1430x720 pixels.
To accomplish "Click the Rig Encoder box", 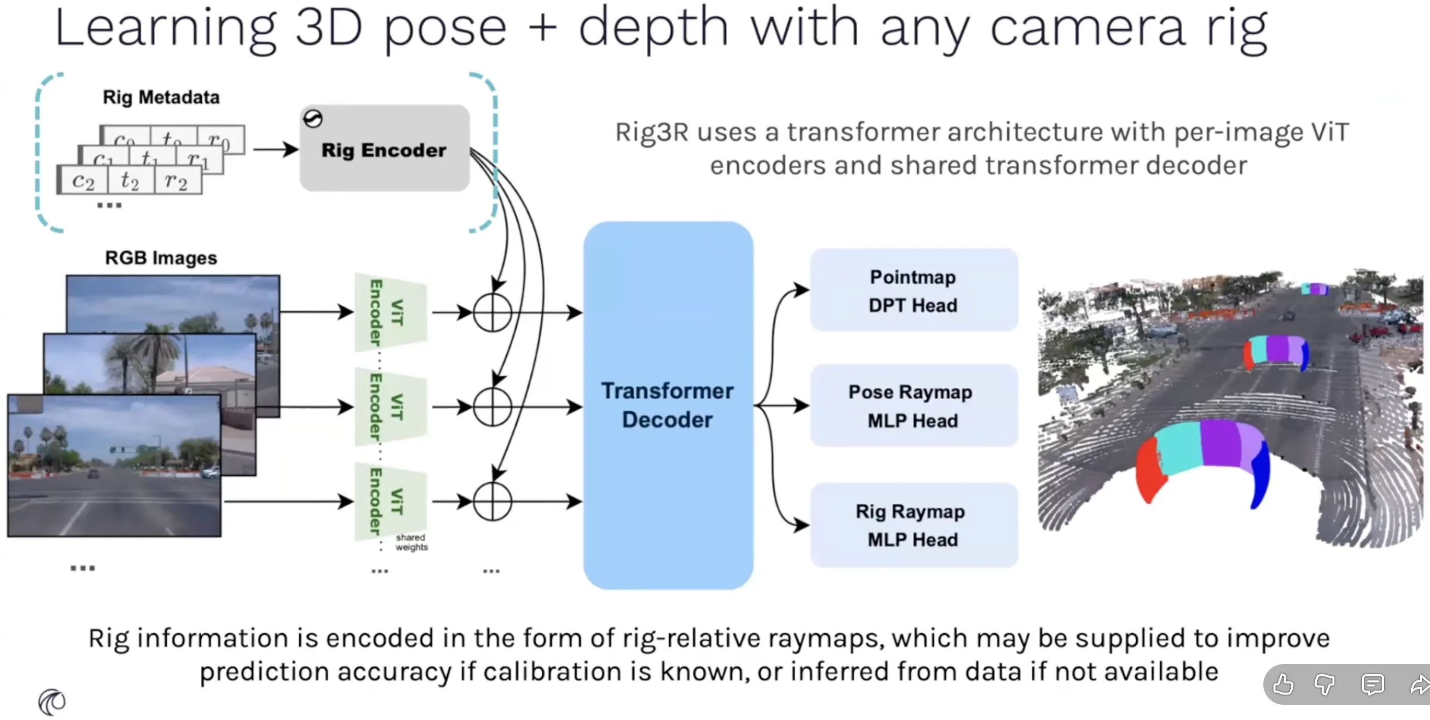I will [x=384, y=149].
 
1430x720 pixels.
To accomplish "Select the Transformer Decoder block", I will [x=668, y=405].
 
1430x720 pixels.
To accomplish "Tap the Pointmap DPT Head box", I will [x=913, y=290].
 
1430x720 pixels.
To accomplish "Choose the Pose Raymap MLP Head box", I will [x=913, y=406].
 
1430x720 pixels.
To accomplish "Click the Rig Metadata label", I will [x=161, y=97].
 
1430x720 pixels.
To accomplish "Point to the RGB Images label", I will [x=161, y=257].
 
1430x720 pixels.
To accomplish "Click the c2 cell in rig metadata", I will [x=83, y=180].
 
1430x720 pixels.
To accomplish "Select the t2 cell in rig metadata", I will [x=130, y=180].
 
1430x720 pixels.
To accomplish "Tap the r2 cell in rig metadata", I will [x=176, y=180].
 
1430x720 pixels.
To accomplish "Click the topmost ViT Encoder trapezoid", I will [x=390, y=312].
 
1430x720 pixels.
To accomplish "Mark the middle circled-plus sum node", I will [x=492, y=407].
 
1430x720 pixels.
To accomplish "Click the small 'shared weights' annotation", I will [x=411, y=542].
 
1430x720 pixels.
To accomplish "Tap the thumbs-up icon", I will [x=1283, y=684].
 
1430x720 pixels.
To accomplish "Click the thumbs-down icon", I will [x=1324, y=684].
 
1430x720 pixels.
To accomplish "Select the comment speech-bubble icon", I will [x=1372, y=684].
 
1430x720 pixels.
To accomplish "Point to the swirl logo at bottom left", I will [x=52, y=702].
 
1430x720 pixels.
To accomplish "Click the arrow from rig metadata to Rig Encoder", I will [x=275, y=149].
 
